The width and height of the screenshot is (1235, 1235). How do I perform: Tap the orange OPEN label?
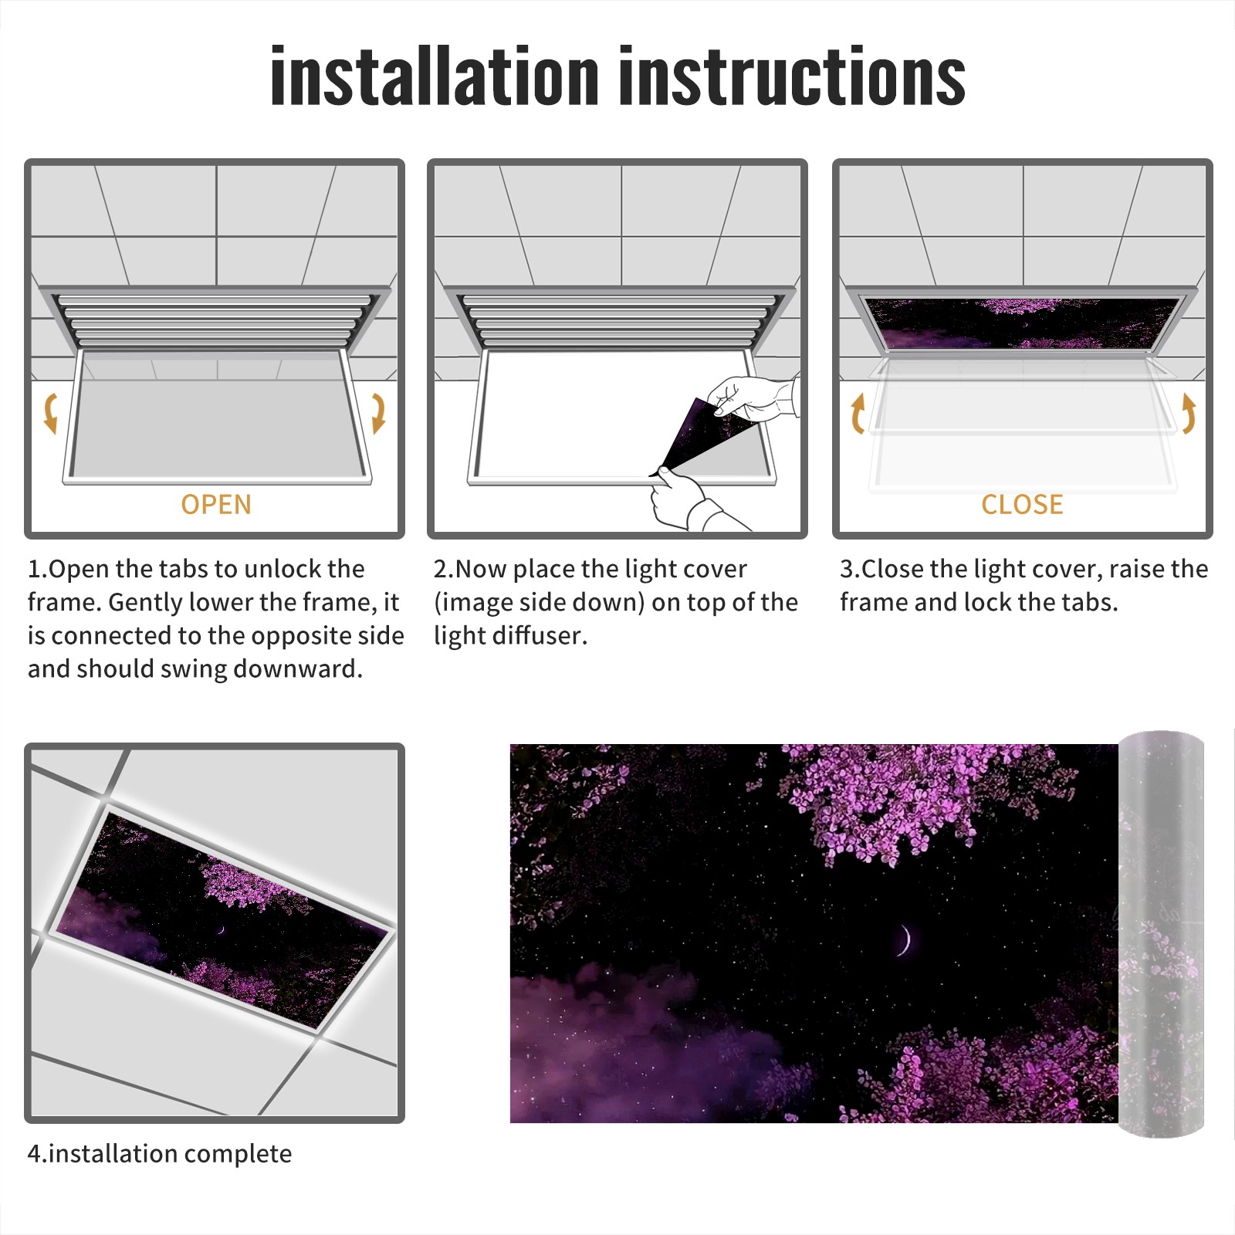pos(216,505)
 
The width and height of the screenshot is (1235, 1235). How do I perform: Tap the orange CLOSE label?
pos(1022,505)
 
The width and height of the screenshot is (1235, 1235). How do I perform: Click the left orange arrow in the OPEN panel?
pos(50,413)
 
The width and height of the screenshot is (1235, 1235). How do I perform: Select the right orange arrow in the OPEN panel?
pos(378,413)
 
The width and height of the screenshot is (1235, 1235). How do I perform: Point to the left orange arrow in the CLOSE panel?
pos(857,413)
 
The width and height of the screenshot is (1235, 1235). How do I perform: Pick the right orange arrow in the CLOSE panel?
pos(1189,413)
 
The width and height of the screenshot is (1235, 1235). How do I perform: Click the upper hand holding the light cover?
pos(753,398)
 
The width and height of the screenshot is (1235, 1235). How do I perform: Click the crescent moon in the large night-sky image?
pos(904,939)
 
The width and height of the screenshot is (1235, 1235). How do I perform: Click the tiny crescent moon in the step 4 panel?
pos(221,929)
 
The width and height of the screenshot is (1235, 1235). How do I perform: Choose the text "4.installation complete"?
pos(160,1154)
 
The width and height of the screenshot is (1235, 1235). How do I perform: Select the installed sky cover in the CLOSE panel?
pos(1023,323)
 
